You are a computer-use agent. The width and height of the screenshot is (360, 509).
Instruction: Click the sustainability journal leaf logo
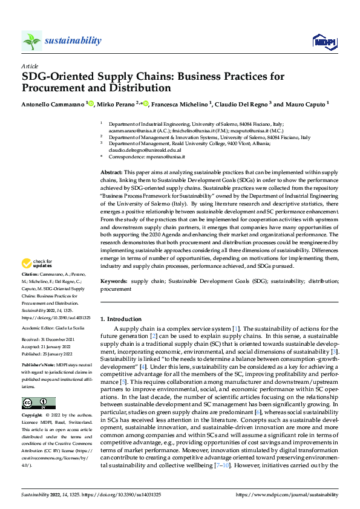pos(31,41)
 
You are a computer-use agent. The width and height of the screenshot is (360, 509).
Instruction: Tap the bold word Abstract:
pos(112,173)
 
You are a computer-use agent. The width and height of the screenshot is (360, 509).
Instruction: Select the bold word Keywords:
pos(114,282)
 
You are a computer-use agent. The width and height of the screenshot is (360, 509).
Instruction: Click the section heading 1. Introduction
pos(121,319)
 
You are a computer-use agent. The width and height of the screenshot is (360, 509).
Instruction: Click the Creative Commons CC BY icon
pos(38,403)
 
